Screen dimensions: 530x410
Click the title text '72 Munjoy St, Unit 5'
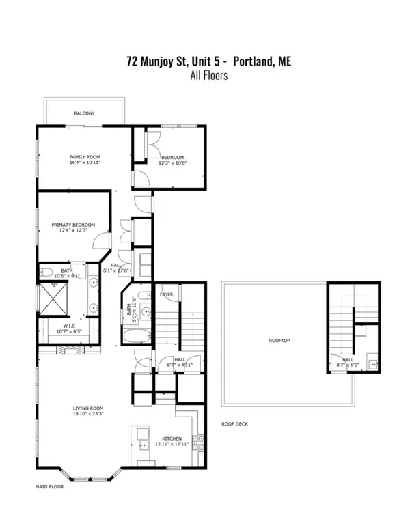(177, 61)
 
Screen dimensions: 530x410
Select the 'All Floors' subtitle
(208, 76)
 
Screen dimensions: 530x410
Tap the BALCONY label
(85, 113)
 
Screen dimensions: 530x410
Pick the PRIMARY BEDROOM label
(73, 225)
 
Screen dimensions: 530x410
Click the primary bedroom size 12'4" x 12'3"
(73, 231)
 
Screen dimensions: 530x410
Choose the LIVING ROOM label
(87, 408)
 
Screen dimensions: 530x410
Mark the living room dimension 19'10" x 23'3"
(87, 415)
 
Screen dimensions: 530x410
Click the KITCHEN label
(171, 438)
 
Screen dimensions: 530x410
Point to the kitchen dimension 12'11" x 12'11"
(171, 444)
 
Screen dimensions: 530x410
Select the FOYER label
(167, 294)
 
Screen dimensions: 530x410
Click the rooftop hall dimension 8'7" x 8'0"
(348, 365)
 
